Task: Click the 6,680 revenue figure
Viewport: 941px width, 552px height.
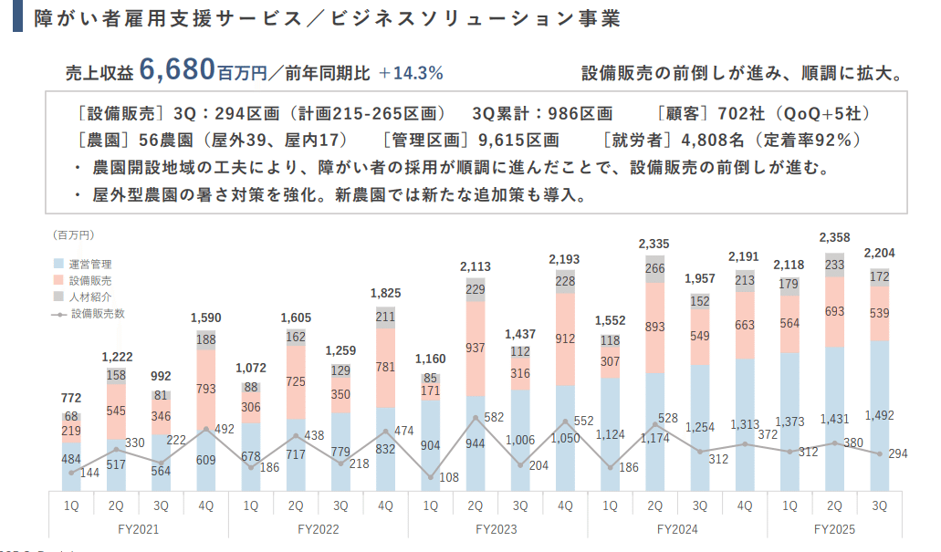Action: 177,69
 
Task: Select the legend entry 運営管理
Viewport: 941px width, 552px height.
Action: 89,264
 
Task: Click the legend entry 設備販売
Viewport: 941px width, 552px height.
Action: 89,280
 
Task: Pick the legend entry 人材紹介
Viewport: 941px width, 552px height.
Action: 89,297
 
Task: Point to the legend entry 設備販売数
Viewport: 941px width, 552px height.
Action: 97,313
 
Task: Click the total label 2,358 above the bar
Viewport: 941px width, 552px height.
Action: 835,239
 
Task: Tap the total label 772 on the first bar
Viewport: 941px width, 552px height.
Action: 71,398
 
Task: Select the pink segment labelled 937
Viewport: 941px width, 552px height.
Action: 476,348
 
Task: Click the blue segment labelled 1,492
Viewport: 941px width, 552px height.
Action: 880,414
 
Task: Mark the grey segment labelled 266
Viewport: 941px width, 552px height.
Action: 654,268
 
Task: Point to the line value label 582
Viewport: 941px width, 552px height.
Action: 494,417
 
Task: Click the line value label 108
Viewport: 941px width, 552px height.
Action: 448,476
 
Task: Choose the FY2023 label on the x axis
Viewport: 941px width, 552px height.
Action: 497,528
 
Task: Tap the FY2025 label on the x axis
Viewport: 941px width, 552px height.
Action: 835,528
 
